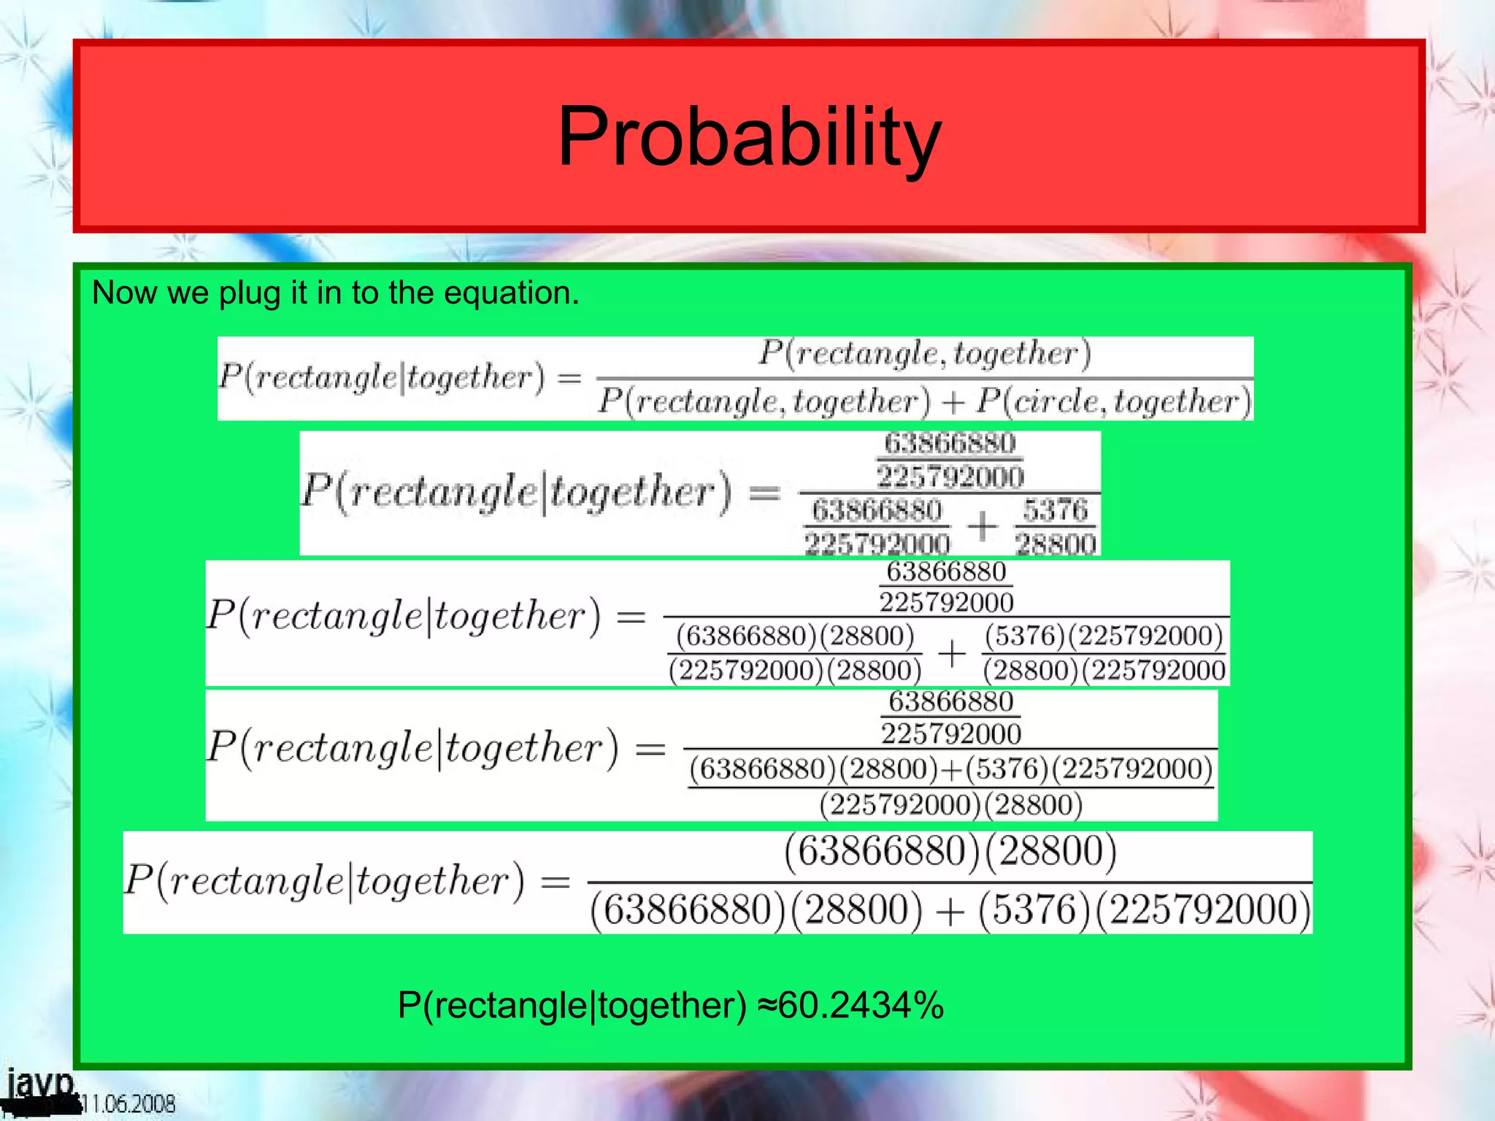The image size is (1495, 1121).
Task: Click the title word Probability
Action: click(749, 136)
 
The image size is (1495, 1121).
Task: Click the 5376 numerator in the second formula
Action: click(1055, 510)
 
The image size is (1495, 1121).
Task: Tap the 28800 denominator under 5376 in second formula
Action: click(1056, 544)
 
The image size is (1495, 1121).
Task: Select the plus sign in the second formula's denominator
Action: click(983, 525)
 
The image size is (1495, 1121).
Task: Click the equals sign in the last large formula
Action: click(555, 882)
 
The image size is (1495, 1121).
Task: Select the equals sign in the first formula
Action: click(569, 377)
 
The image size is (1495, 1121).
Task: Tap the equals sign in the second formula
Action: click(764, 493)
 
